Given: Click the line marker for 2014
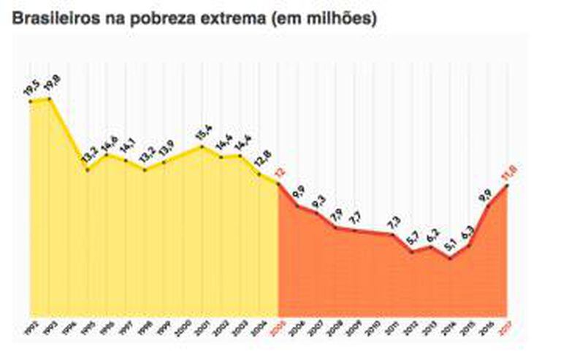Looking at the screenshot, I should pos(451,258).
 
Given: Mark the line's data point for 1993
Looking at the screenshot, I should pos(50,99).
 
